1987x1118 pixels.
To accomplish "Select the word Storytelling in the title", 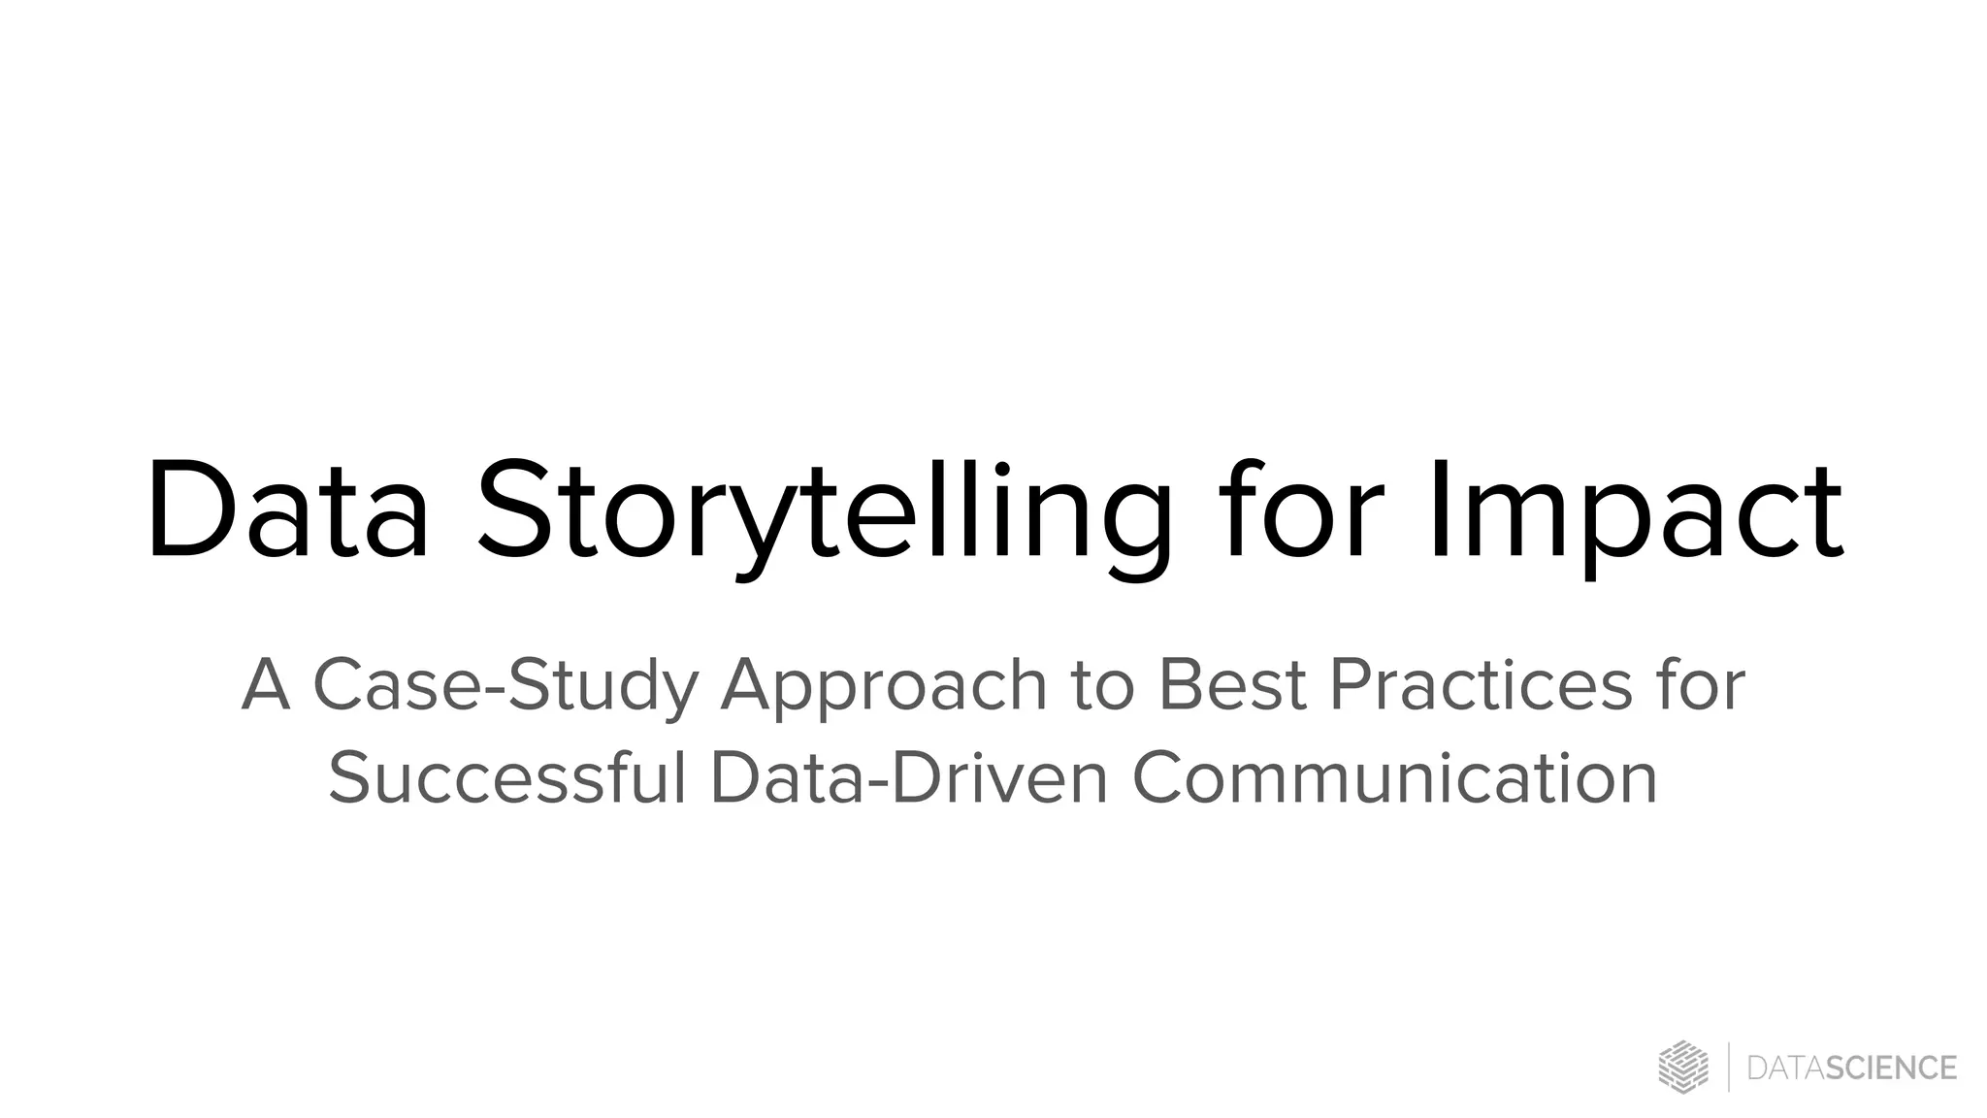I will tap(825, 514).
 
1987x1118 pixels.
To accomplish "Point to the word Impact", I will tap(1636, 514).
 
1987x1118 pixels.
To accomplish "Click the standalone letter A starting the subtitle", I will tap(266, 685).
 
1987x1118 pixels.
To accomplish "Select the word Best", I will tap(1232, 685).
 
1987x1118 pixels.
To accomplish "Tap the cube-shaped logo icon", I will tap(1683, 1068).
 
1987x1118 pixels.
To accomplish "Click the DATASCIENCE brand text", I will tap(1851, 1069).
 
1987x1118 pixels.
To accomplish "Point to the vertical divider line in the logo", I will tap(1729, 1068).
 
